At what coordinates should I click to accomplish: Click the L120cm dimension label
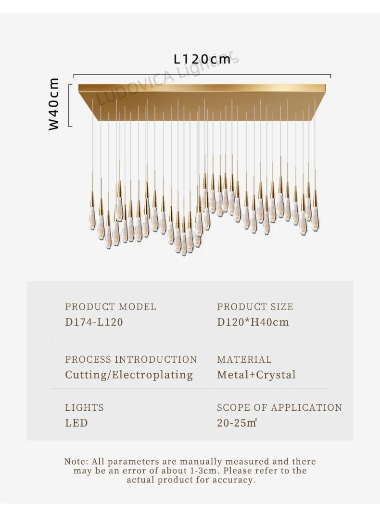[x=202, y=59]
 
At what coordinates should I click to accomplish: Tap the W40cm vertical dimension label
[x=53, y=104]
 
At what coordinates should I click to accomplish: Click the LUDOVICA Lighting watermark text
[x=167, y=78]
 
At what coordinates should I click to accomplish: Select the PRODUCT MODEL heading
[x=111, y=306]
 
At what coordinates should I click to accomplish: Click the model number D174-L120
[x=94, y=322]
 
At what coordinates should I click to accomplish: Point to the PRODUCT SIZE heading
[x=255, y=306]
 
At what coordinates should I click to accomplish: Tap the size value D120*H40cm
[x=253, y=322]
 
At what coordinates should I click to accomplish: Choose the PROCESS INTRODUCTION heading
[x=131, y=359]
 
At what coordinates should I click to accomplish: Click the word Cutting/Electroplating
[x=129, y=375]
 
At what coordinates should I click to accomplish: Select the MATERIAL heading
[x=244, y=359]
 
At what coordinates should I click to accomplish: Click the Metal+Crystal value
[x=256, y=375]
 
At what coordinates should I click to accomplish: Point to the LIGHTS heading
[x=84, y=407]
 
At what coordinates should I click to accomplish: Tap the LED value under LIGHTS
[x=76, y=423]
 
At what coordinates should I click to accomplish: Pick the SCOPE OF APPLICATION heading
[x=279, y=407]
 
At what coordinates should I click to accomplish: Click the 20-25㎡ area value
[x=237, y=423]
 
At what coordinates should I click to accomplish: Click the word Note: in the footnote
[x=76, y=461]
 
